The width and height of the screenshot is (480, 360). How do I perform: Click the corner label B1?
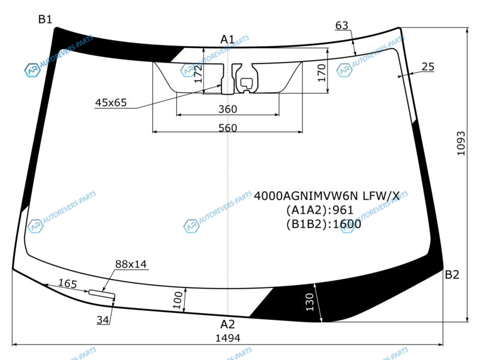click(x=45, y=19)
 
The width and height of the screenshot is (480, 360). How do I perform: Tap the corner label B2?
click(x=452, y=275)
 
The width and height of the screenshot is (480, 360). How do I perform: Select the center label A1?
click(x=227, y=39)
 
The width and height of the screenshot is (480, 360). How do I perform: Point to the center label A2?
click(x=227, y=324)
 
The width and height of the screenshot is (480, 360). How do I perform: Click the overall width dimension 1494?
click(x=228, y=338)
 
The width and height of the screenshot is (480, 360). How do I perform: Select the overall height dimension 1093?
click(x=461, y=143)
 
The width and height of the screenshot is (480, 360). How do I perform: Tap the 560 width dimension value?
click(x=228, y=128)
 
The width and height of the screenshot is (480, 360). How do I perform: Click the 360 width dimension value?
click(x=228, y=109)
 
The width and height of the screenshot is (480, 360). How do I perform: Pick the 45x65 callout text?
click(x=111, y=103)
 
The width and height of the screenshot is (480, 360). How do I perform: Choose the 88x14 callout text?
click(x=131, y=264)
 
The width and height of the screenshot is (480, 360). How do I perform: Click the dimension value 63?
click(x=342, y=25)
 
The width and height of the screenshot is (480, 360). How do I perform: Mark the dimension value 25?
click(x=428, y=67)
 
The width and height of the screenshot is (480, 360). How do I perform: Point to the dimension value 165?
click(x=67, y=283)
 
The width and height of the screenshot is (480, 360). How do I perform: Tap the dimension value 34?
click(x=103, y=320)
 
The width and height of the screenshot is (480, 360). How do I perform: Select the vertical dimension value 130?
click(x=310, y=302)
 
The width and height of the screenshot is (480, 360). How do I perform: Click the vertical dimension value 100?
click(x=178, y=300)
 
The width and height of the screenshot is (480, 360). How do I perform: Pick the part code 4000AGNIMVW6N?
click(x=306, y=196)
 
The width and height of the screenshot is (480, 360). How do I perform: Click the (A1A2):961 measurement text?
click(x=320, y=210)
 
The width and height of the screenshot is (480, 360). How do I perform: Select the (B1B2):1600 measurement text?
click(x=323, y=224)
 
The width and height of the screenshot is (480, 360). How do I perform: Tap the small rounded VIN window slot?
click(x=102, y=293)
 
